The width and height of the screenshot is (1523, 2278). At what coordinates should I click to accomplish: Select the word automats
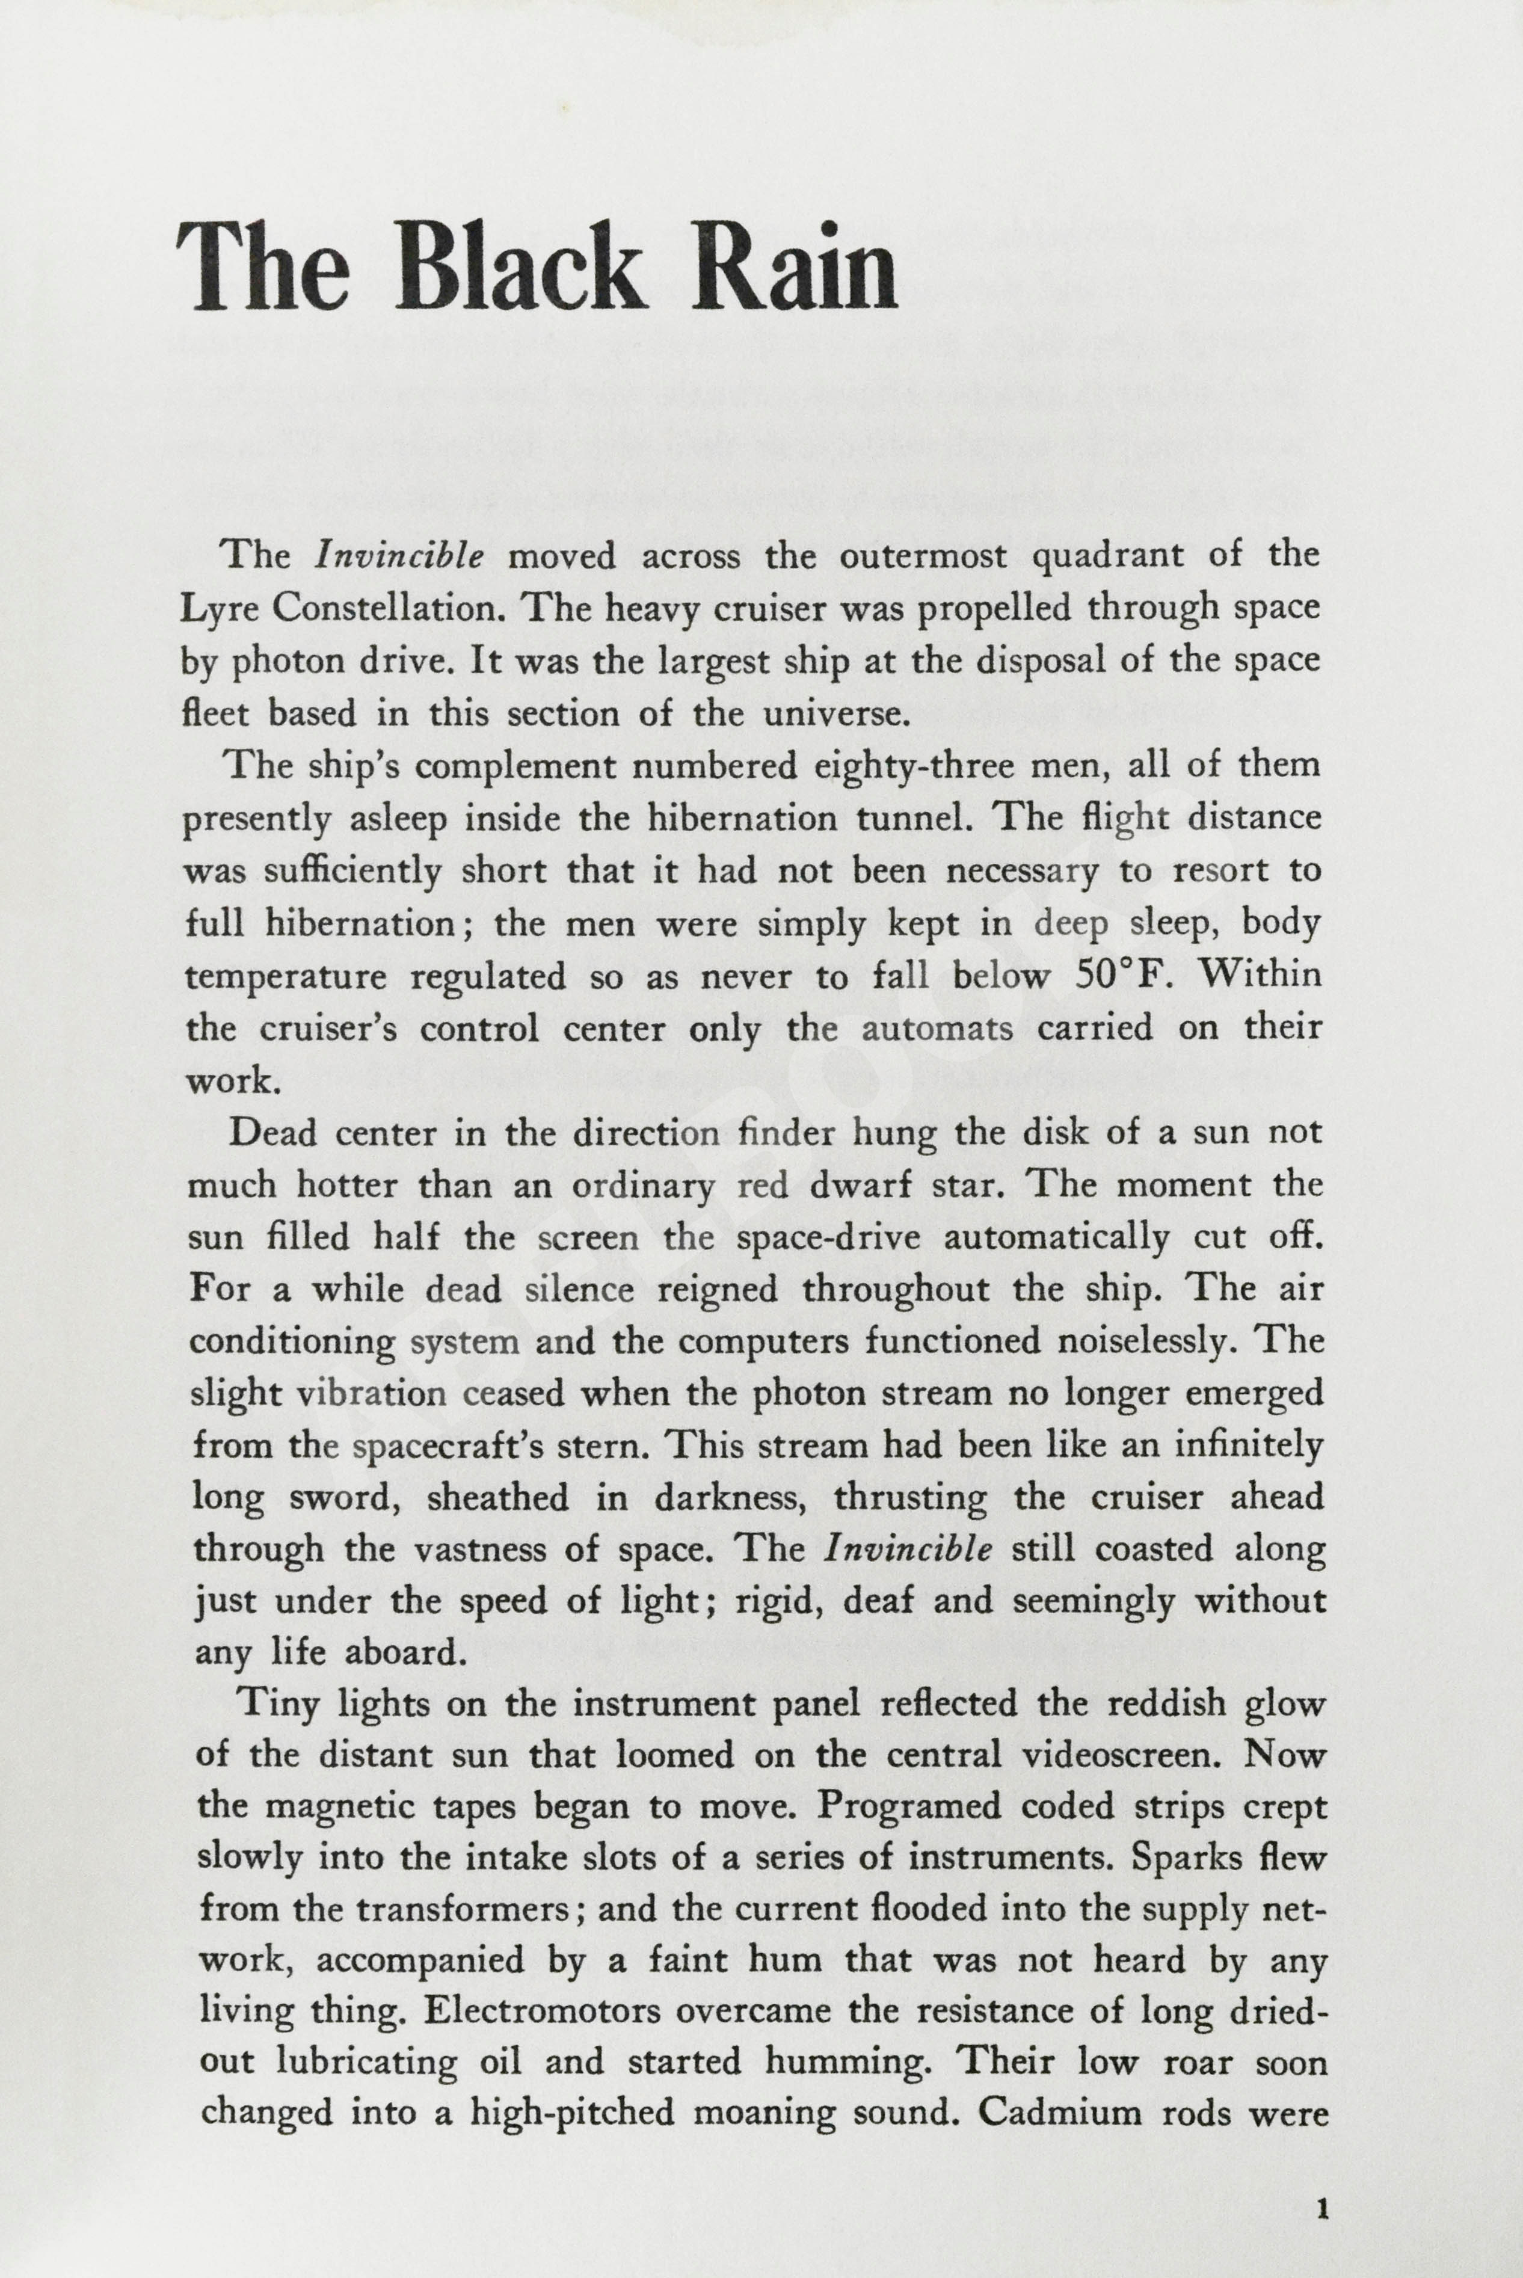click(x=937, y=1028)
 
